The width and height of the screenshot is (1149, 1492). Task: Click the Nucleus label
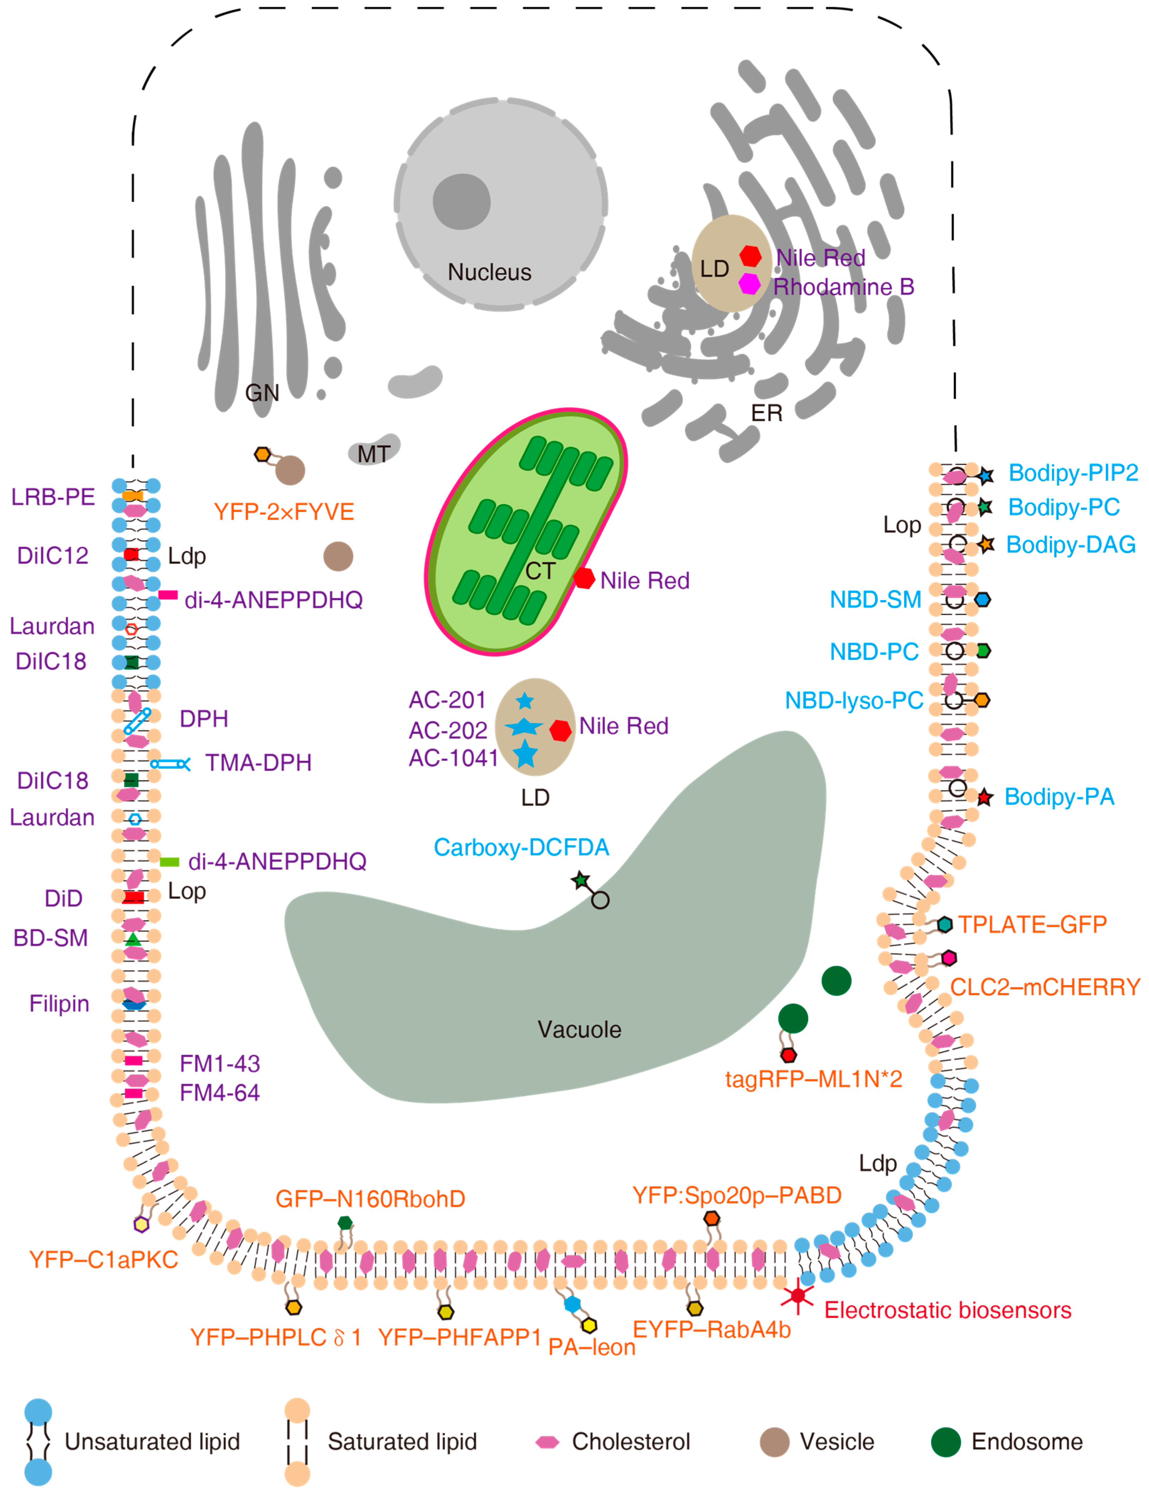[x=489, y=273]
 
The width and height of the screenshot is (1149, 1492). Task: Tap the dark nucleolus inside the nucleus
[x=462, y=202]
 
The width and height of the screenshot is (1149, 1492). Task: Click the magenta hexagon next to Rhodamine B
[x=750, y=284]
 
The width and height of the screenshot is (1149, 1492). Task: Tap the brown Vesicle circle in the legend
[x=775, y=1442]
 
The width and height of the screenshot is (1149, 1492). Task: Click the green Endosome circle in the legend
[x=946, y=1442]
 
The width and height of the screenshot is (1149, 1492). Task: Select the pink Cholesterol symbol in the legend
[x=547, y=1442]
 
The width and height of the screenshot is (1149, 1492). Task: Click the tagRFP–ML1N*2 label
[x=814, y=1079]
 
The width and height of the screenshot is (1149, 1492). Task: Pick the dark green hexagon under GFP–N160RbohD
[x=345, y=1223]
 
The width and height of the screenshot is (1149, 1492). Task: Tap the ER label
[x=767, y=413]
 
